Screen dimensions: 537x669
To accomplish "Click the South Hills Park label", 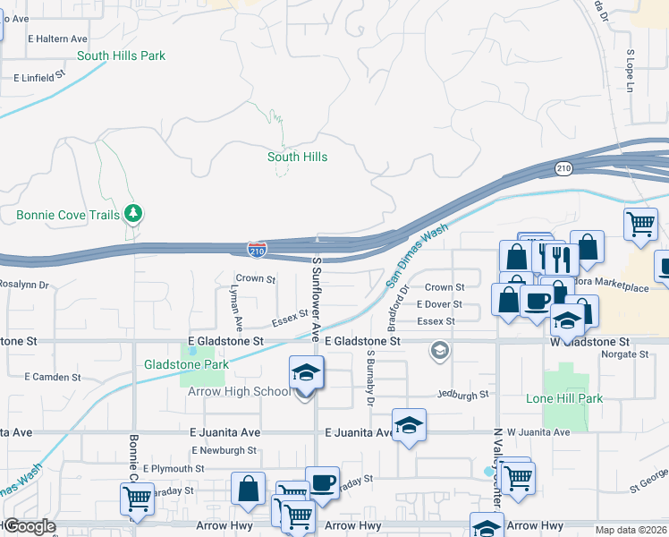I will (121, 55).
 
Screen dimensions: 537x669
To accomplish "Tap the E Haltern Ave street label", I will (58, 39).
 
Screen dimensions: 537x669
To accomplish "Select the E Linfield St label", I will (40, 78).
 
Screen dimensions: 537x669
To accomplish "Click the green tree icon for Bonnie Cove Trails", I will (133, 213).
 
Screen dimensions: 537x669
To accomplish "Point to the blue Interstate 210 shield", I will (257, 251).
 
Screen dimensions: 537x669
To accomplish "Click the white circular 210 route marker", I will (563, 168).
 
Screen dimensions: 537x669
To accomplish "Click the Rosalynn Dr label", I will (24, 285).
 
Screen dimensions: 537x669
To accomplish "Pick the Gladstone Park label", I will (186, 364).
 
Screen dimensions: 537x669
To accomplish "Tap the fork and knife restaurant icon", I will (562, 259).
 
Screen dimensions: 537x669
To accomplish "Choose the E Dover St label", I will (439, 304).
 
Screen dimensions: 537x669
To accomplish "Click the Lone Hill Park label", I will (564, 398).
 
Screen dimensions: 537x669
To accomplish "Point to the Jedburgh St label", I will (463, 394).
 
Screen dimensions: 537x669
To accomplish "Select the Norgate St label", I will (625, 354).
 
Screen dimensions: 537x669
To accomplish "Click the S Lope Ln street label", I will (630, 71).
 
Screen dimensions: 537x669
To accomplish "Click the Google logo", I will (29, 526).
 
